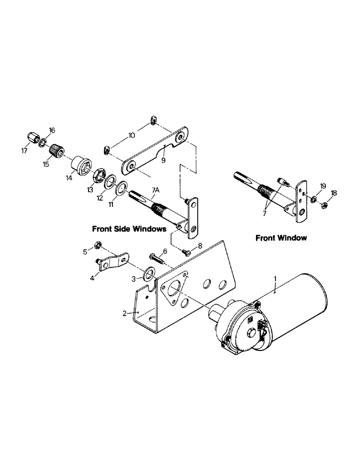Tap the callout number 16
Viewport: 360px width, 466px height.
click(x=52, y=130)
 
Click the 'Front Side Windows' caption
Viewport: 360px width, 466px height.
click(x=129, y=229)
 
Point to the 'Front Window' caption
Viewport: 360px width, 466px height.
click(x=281, y=238)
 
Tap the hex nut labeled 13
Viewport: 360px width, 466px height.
click(x=98, y=176)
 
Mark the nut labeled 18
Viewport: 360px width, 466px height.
click(x=326, y=204)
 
